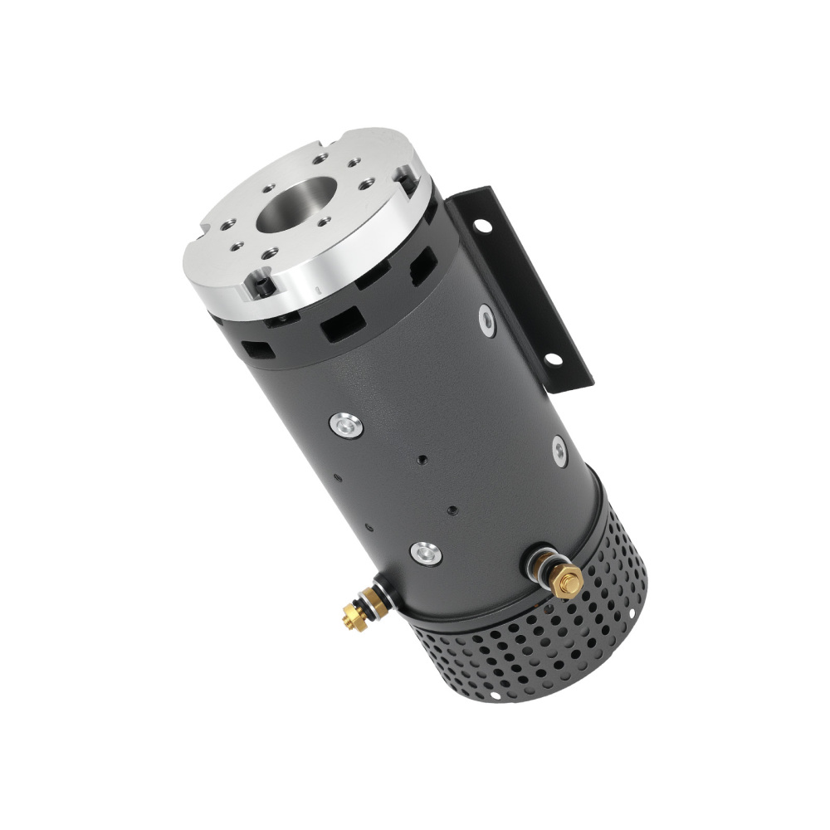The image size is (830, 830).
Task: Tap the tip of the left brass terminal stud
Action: click(x=347, y=615)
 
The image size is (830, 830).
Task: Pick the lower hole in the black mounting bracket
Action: click(x=549, y=359)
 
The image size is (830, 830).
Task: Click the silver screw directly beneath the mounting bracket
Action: click(x=559, y=450)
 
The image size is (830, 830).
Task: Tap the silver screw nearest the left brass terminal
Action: click(x=426, y=550)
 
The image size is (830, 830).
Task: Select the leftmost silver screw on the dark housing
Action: click(x=345, y=425)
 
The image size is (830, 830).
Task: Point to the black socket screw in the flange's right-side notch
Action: click(x=405, y=173)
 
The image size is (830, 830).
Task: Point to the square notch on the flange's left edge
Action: click(x=205, y=226)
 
